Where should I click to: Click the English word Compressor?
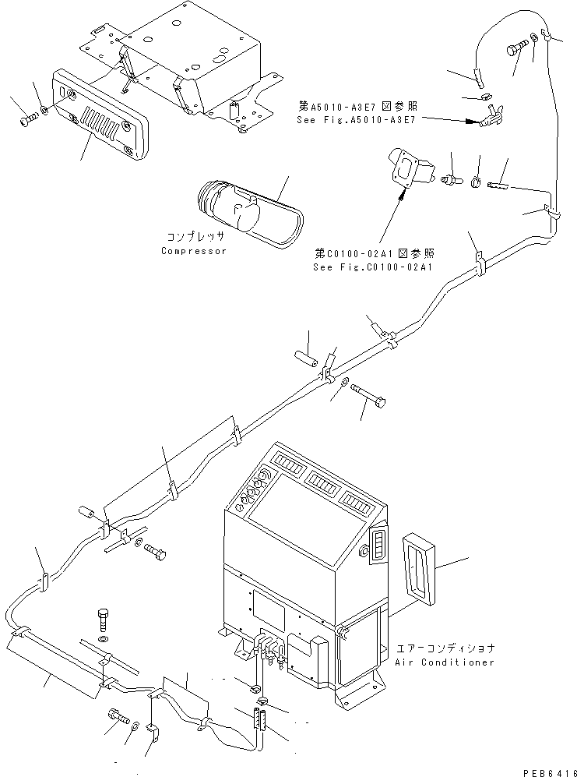(x=193, y=251)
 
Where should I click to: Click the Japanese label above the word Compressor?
(x=195, y=235)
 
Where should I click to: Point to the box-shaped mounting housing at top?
(x=195, y=62)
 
